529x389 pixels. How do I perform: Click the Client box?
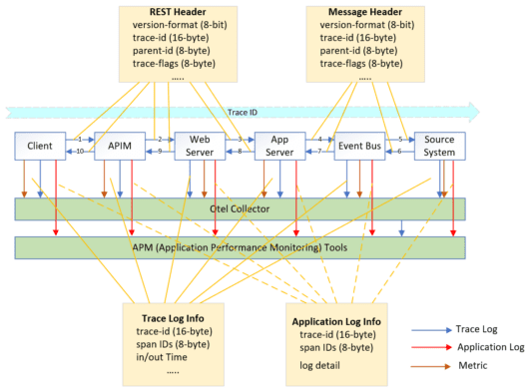click(40, 145)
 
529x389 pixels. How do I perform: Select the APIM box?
click(119, 145)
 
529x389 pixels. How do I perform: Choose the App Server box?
click(278, 146)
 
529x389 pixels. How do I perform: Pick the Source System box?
click(438, 146)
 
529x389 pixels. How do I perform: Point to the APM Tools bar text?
click(240, 247)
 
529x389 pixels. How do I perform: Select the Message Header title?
click(358, 12)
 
